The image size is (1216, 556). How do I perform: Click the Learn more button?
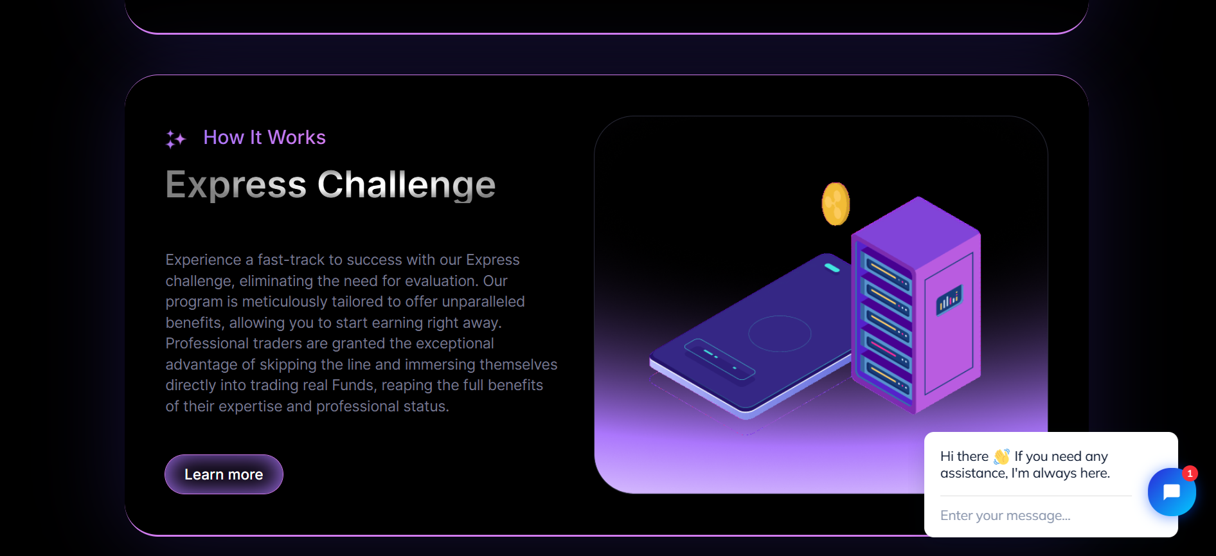click(x=224, y=474)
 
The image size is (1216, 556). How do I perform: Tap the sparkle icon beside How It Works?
click(x=175, y=139)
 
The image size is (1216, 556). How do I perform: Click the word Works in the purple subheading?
click(x=296, y=138)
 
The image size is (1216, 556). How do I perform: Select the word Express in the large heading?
click(x=236, y=186)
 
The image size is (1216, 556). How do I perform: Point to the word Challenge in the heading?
click(x=406, y=186)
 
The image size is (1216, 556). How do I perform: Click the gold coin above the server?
click(x=836, y=204)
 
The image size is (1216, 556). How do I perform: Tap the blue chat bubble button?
click(x=1172, y=492)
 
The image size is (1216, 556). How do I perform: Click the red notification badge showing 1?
click(x=1190, y=474)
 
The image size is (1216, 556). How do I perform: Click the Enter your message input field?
click(x=1035, y=516)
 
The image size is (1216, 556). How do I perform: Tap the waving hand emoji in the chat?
click(x=1001, y=456)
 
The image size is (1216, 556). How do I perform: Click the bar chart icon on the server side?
click(x=949, y=300)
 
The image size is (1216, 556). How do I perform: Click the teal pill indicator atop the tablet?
click(x=832, y=267)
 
